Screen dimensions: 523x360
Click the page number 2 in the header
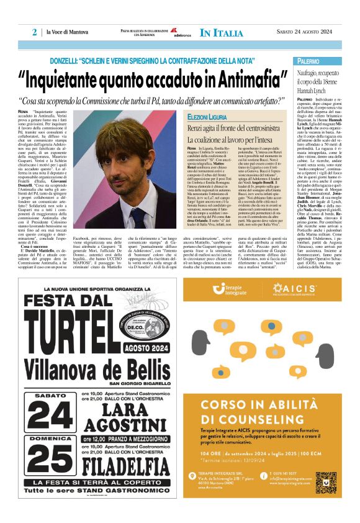(x=34, y=33)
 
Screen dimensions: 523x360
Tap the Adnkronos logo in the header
(x=182, y=33)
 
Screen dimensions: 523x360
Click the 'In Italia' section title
(x=221, y=33)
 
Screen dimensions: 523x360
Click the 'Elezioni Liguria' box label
(x=207, y=117)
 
